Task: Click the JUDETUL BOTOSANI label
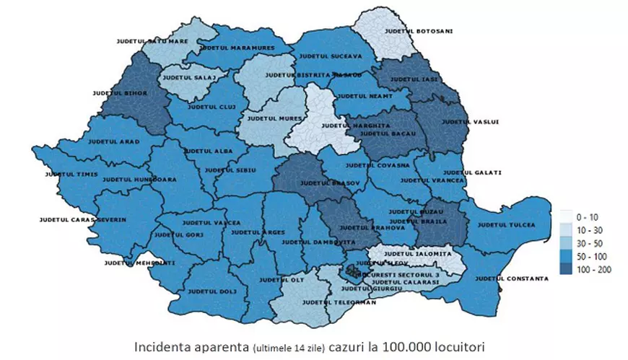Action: (x=409, y=31)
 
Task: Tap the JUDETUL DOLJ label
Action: (x=211, y=292)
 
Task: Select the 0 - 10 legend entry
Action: (x=583, y=216)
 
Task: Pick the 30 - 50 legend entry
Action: (x=585, y=242)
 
